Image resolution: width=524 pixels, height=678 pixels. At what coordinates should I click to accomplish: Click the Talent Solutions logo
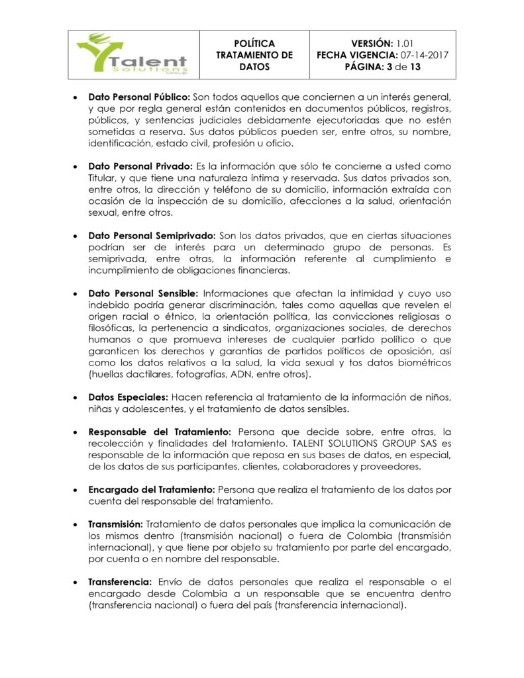click(x=132, y=55)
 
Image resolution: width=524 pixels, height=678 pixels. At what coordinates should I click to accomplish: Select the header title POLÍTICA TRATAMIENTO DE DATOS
click(x=254, y=55)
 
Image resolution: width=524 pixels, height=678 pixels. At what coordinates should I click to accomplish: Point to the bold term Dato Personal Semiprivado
click(x=152, y=235)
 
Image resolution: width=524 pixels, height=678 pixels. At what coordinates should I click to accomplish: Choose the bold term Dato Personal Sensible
click(x=143, y=293)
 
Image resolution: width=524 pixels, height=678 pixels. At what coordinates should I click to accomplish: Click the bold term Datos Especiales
click(x=129, y=397)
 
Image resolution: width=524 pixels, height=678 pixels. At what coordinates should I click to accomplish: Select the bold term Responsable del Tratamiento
click(x=160, y=432)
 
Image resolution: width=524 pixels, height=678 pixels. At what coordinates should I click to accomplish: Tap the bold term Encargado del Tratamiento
click(x=152, y=489)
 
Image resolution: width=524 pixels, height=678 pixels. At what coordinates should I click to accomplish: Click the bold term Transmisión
click(x=115, y=524)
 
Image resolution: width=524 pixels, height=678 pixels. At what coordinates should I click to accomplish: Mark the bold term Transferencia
click(x=118, y=582)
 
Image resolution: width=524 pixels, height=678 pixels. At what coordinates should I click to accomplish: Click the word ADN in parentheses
click(x=244, y=375)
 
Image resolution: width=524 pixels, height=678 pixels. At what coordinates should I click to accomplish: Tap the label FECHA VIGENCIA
click(x=356, y=55)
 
